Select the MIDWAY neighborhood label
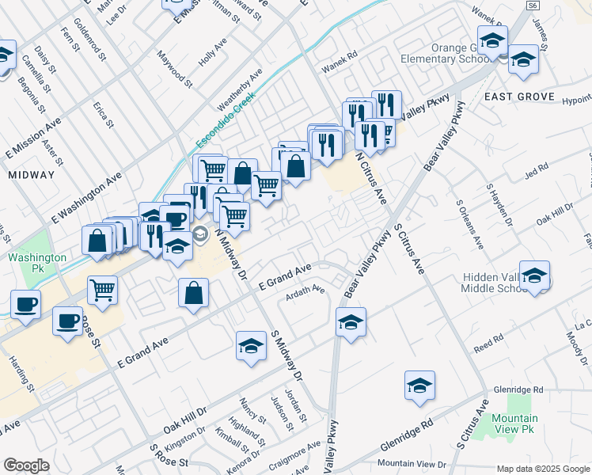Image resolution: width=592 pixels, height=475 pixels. tap(31, 174)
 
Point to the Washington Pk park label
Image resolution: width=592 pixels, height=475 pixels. tap(37, 264)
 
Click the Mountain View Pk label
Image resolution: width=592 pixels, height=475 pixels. tap(514, 424)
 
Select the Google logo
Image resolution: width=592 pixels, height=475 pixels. tap(26, 465)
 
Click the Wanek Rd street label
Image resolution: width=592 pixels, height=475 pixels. tap(340, 55)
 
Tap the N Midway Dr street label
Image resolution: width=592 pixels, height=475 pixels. tap(230, 245)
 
